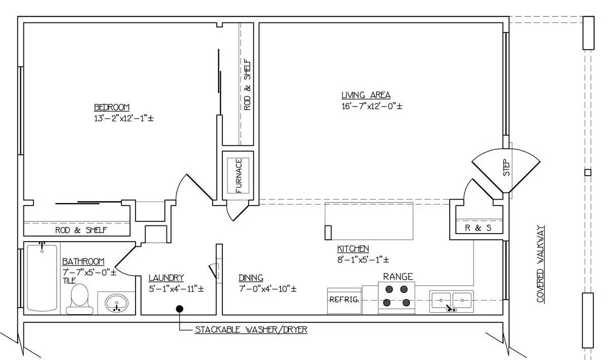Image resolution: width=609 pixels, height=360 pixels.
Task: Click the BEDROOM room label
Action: point(112,107)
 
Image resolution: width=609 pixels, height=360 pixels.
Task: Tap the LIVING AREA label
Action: point(366,95)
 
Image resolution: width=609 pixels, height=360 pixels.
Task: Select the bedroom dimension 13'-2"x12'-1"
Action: point(124,118)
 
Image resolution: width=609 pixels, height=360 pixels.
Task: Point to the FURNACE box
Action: point(238,176)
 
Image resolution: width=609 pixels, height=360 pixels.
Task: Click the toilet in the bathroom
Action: point(80,299)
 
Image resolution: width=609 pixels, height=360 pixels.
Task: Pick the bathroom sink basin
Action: point(117,303)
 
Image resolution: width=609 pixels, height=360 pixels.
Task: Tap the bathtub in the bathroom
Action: point(42,278)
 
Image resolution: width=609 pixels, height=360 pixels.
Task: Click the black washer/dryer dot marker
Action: point(180,309)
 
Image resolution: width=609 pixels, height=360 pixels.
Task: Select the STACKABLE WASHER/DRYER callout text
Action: point(251,330)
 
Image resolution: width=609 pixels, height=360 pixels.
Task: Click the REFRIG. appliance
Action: point(344,301)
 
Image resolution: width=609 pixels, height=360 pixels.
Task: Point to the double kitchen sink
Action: point(451,301)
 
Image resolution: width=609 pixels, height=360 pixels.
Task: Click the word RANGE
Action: point(398,277)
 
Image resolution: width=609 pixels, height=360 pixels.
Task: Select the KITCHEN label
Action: point(353,249)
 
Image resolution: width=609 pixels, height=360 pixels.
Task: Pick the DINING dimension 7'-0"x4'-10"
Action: point(268,289)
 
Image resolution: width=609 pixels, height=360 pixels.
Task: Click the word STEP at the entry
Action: point(506,168)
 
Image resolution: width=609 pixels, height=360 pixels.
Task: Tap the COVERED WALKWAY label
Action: point(541,264)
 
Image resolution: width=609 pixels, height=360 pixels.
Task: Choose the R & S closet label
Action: point(478,228)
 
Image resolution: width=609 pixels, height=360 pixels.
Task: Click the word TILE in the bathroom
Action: point(70,281)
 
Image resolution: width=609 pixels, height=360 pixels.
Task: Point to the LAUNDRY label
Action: point(166,278)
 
